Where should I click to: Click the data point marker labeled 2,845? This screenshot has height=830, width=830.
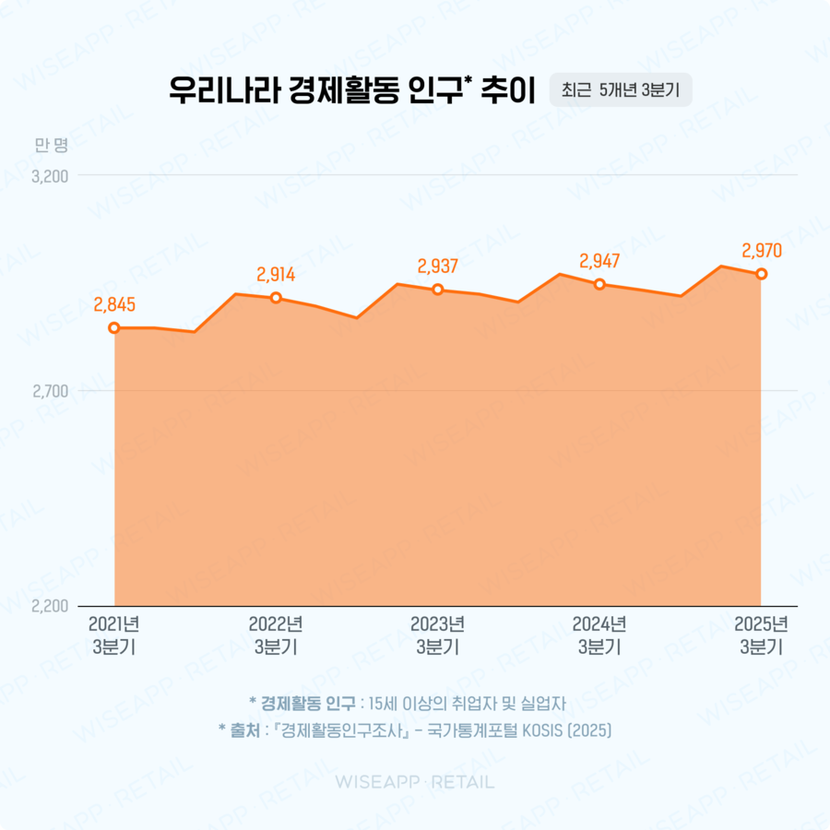(114, 327)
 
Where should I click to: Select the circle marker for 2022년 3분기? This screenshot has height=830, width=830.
(276, 298)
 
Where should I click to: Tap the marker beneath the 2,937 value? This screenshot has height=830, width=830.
(438, 290)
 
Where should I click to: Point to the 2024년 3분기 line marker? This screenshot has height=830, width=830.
(599, 284)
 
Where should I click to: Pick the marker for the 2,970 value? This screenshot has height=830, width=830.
(761, 274)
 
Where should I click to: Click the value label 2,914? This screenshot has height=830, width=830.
(276, 274)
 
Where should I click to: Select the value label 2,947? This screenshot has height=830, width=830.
(599, 261)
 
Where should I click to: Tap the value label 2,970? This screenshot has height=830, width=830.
(761, 250)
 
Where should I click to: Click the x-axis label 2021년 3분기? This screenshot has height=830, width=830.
(114, 635)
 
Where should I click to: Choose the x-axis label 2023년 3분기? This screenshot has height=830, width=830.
(438, 635)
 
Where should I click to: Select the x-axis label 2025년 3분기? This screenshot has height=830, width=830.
(761, 635)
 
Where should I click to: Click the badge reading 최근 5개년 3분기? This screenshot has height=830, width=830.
(620, 90)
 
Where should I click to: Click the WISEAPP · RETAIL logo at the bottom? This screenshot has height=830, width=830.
(414, 782)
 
